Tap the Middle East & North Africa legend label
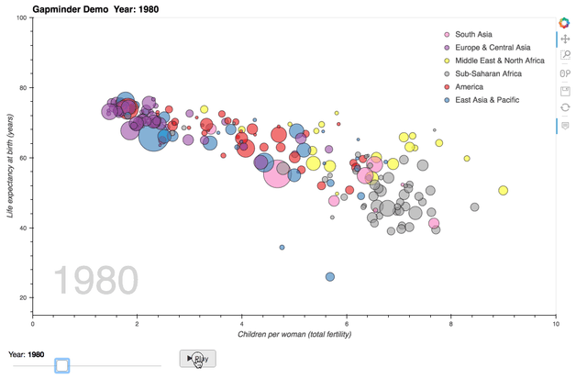click(x=500, y=61)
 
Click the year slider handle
click(x=61, y=365)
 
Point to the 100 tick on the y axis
click(x=19, y=18)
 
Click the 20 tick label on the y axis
click(x=21, y=298)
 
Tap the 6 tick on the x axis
click(x=347, y=323)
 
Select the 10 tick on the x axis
click(x=555, y=323)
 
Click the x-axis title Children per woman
click(x=294, y=334)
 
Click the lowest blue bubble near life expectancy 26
click(x=330, y=276)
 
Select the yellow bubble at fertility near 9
click(x=504, y=190)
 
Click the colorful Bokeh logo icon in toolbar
click(x=565, y=22)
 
